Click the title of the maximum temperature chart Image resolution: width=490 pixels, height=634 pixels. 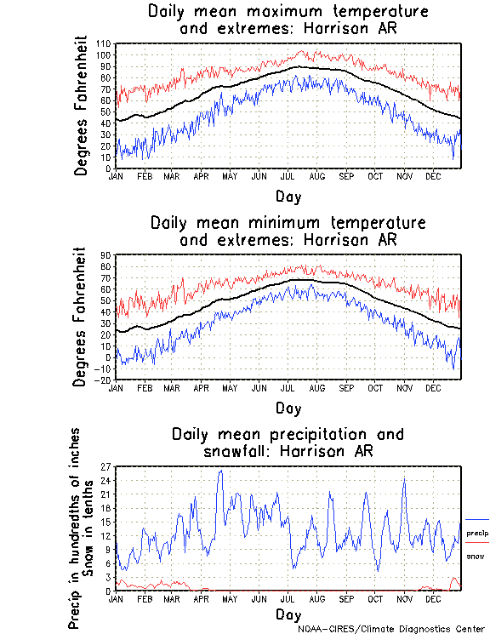point(288,20)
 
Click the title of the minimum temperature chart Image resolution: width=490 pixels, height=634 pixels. point(288,231)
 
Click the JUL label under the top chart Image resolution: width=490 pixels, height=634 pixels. point(290,176)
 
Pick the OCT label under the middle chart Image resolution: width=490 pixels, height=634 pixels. point(376,387)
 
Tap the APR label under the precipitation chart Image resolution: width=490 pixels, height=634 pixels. point(202,598)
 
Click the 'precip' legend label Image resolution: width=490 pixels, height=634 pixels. point(477,533)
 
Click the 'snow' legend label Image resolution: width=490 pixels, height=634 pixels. point(475,556)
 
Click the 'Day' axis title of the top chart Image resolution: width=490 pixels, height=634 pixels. point(288,197)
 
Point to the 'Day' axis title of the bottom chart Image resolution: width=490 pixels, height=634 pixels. point(288,614)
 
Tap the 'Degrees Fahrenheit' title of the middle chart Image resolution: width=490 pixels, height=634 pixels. point(82,317)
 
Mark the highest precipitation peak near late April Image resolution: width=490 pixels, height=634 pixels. point(220,471)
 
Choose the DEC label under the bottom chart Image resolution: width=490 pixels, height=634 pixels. point(432,598)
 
